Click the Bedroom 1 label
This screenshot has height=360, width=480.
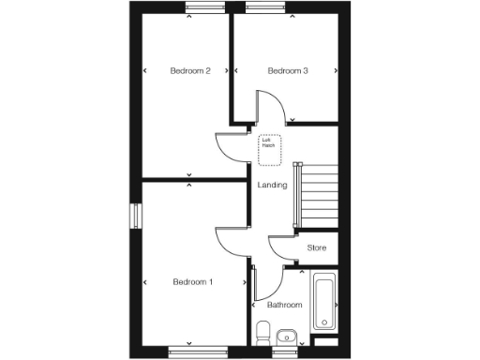pos(192,282)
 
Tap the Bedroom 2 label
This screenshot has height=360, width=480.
pos(189,71)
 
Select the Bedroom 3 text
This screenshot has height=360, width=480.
pos(288,71)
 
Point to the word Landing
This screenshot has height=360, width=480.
pos(272,185)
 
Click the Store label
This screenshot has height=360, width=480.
pos(317,247)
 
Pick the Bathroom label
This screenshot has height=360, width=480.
pos(284,305)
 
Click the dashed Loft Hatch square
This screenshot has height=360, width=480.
pos(269,143)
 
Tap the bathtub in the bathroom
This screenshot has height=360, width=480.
pos(325,302)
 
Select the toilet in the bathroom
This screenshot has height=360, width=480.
pos(263,332)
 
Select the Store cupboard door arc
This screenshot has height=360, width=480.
pos(280,247)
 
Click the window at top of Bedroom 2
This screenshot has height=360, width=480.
pos(205,10)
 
